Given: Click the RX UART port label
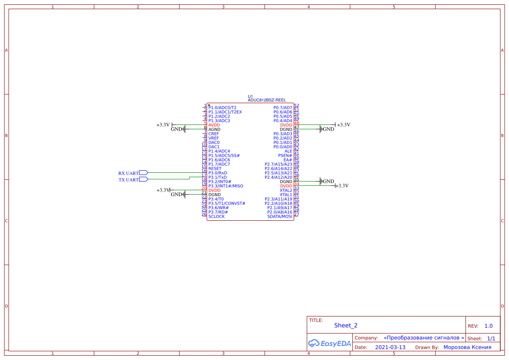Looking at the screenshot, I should click(x=128, y=173).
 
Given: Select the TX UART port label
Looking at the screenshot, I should click(x=128, y=180).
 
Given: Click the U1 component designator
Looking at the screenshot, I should click(x=250, y=96).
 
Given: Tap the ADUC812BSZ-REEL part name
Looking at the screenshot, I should click(x=266, y=100).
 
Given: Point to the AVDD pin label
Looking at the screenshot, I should click(x=214, y=125).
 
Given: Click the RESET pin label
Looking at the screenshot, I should click(x=215, y=168).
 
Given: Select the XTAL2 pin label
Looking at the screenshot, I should click(x=286, y=190).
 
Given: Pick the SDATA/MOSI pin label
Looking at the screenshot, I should click(x=280, y=216).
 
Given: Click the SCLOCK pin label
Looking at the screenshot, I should click(x=216, y=216).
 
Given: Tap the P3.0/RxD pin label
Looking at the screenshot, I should click(x=217, y=173).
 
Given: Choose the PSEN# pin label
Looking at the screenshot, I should click(x=285, y=155).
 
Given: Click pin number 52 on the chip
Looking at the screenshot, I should click(x=297, y=105).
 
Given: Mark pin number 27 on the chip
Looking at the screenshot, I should click(x=297, y=214).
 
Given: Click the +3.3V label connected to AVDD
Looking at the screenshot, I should click(x=163, y=125).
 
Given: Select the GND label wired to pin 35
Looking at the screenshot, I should click(x=328, y=182).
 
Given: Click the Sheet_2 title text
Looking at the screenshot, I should click(x=346, y=325).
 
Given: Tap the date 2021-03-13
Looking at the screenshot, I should click(x=390, y=347).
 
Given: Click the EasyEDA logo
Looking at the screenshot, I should click(x=330, y=343).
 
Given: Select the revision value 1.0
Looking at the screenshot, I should click(x=489, y=326).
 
